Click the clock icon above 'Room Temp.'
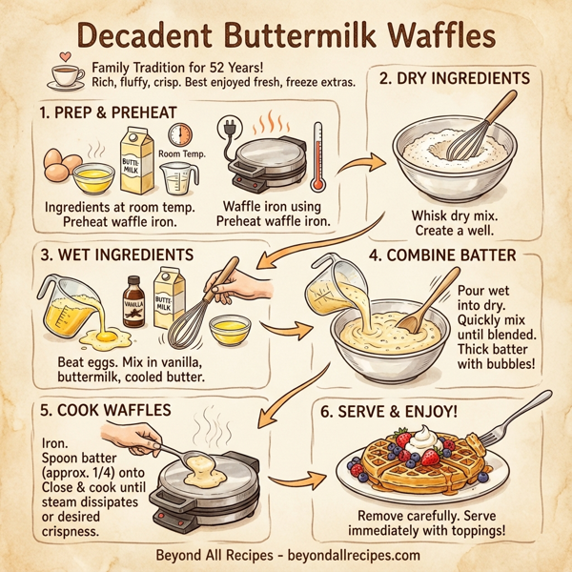click(184, 134)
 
